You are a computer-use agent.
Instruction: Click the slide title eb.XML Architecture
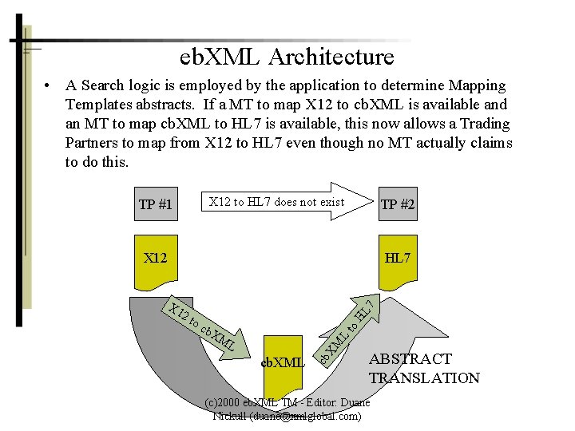(287, 57)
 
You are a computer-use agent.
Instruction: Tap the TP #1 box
(156, 204)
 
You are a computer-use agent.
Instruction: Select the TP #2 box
(398, 205)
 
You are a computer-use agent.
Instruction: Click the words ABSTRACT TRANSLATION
(423, 369)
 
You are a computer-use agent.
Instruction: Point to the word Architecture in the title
(331, 57)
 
